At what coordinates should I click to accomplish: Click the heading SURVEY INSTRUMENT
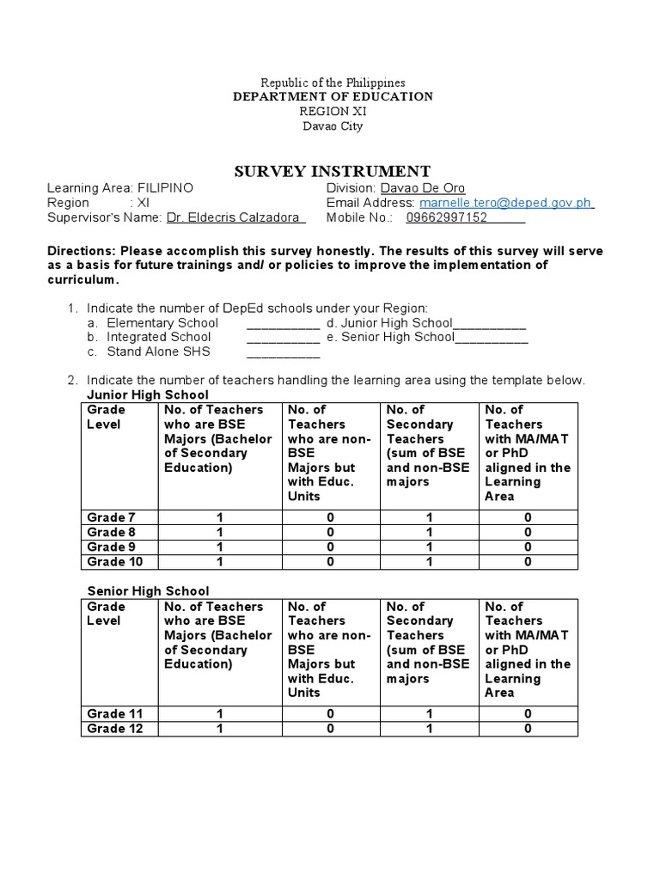click(333, 171)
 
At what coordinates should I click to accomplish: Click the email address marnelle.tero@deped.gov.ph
click(505, 203)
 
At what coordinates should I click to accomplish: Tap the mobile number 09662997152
click(446, 217)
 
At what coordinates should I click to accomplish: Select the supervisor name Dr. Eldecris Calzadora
click(235, 217)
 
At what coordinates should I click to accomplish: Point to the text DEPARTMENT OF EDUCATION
click(333, 97)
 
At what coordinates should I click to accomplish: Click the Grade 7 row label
click(112, 517)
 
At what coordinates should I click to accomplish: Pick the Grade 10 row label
click(115, 562)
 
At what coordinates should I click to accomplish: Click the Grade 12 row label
click(115, 729)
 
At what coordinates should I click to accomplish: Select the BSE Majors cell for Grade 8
click(219, 533)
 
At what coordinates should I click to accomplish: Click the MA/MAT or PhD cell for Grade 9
click(528, 547)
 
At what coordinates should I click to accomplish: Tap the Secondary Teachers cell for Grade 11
click(429, 714)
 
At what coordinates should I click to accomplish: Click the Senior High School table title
click(149, 591)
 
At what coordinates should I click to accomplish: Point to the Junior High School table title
click(148, 394)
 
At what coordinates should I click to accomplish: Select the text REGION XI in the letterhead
click(333, 112)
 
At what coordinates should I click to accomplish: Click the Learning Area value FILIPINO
click(165, 188)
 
